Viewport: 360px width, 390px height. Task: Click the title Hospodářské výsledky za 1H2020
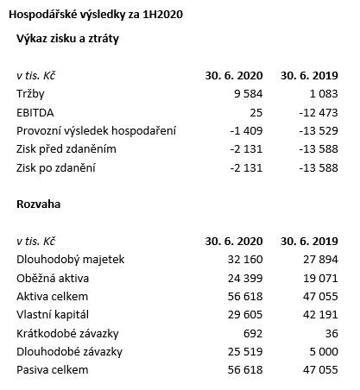96,15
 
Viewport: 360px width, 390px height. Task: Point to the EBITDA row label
35,112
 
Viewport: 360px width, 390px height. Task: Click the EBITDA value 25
254,112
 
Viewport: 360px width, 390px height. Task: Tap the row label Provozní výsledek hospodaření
97,131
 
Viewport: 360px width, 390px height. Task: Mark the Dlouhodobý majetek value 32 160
243,259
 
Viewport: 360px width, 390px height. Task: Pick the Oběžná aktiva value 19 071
318,278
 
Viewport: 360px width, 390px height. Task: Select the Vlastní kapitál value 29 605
243,315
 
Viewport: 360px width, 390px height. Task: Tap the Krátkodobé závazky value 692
250,334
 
